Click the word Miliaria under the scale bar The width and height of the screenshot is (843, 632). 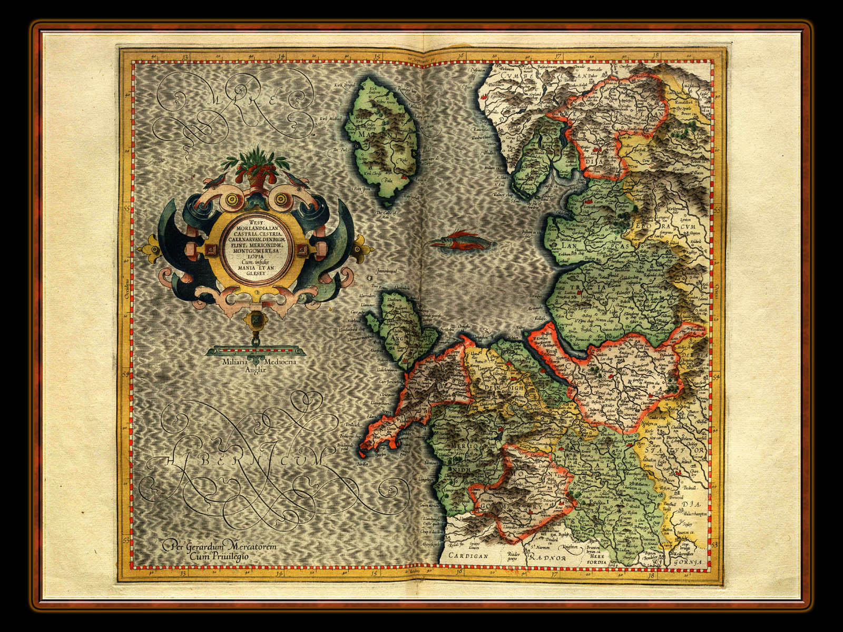point(236,361)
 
